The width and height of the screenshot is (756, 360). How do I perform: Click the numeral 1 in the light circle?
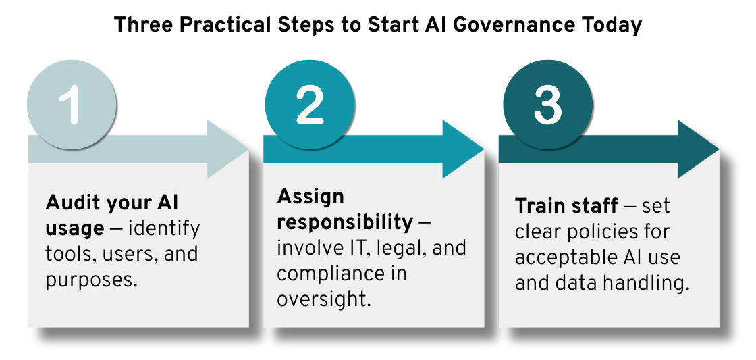pos(71,105)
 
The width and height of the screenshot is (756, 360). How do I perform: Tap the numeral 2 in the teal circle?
pos(309,105)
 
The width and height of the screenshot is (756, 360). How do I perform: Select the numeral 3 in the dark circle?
pos(548,105)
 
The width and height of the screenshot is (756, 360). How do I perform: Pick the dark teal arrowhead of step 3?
pos(698,149)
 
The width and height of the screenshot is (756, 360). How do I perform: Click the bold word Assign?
pos(310,197)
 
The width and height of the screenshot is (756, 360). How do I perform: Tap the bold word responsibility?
pos(345,223)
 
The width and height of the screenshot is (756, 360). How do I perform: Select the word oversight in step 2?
pos(323,299)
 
